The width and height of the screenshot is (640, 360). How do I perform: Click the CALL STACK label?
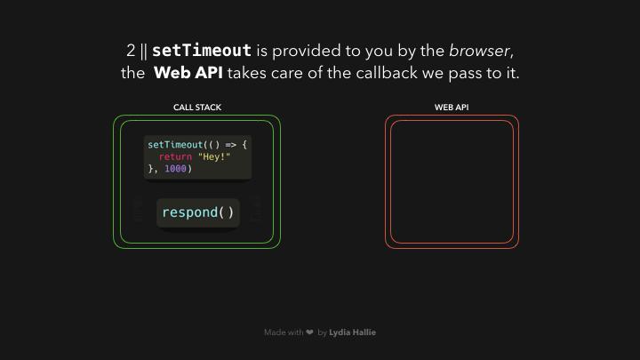pyautogui.click(x=197, y=108)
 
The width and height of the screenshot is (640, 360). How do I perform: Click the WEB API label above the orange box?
pyautogui.click(x=452, y=108)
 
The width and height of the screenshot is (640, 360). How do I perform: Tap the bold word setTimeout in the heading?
pyautogui.click(x=202, y=51)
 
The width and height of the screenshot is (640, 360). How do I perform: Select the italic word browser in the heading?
pyautogui.click(x=480, y=51)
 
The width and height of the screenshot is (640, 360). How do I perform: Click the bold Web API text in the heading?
pyautogui.click(x=188, y=73)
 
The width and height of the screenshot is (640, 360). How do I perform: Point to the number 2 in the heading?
pyautogui.click(x=131, y=51)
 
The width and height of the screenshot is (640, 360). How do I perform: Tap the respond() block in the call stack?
pyautogui.click(x=198, y=212)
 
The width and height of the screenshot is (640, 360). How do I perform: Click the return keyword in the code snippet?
pyautogui.click(x=175, y=156)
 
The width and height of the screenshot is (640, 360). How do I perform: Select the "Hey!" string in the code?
pyautogui.click(x=214, y=156)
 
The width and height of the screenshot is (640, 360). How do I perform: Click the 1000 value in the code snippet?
pyautogui.click(x=175, y=168)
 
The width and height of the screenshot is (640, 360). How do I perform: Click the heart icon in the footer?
pyautogui.click(x=309, y=332)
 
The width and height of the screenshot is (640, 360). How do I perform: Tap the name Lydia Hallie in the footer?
pyautogui.click(x=352, y=332)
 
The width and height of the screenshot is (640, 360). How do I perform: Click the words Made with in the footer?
pyautogui.click(x=283, y=332)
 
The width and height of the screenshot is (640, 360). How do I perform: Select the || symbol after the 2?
pyautogui.click(x=144, y=51)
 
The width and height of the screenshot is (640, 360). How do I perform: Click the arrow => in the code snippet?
pyautogui.click(x=230, y=144)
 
